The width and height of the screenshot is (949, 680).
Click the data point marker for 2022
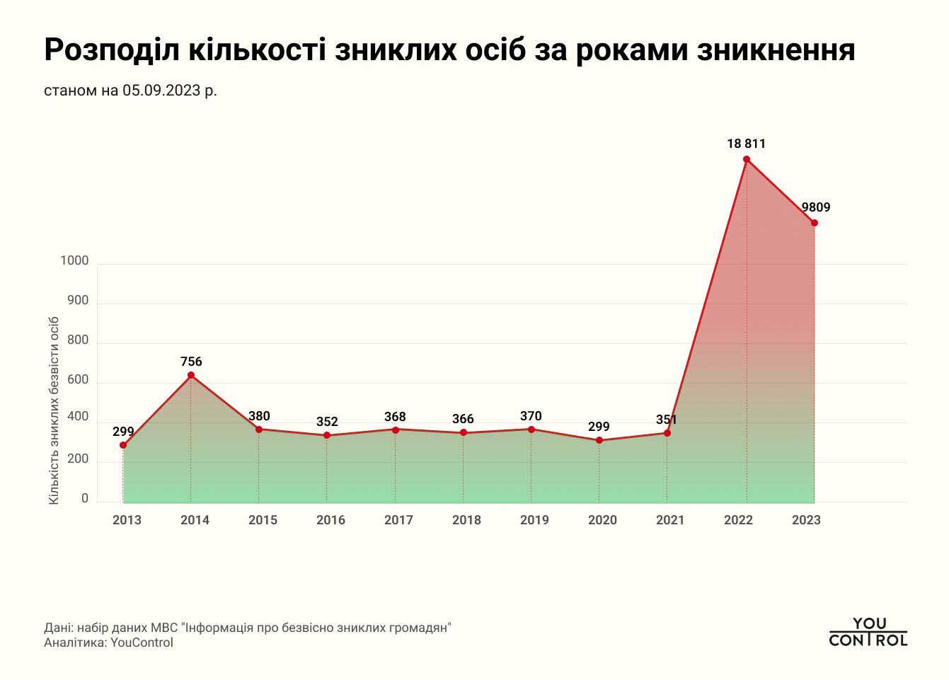746,159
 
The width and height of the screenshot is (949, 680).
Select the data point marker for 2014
191,375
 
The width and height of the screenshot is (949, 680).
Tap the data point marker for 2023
815,223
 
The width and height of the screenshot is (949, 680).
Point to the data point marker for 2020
599,440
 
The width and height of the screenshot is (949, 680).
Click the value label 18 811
746,144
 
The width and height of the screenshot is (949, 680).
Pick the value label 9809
815,207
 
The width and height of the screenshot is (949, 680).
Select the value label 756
191,362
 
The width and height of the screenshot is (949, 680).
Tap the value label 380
259,416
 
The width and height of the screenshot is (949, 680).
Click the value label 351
667,420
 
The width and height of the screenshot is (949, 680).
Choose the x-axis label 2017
398,520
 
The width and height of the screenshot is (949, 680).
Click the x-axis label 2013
127,520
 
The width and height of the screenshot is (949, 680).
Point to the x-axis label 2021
670,520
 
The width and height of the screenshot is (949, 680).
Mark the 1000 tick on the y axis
74,261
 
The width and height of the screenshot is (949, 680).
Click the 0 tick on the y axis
85,499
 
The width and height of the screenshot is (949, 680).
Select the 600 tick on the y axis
78,380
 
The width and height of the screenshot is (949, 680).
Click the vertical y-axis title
54,410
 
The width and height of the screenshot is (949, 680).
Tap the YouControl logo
868,632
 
